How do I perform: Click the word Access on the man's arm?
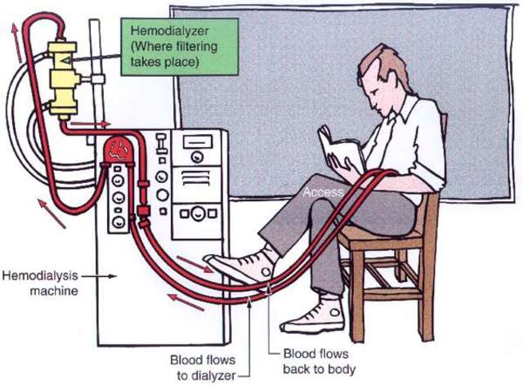click(318, 192)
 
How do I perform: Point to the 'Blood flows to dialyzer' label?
click(202, 365)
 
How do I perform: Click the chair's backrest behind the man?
click(442, 155)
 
